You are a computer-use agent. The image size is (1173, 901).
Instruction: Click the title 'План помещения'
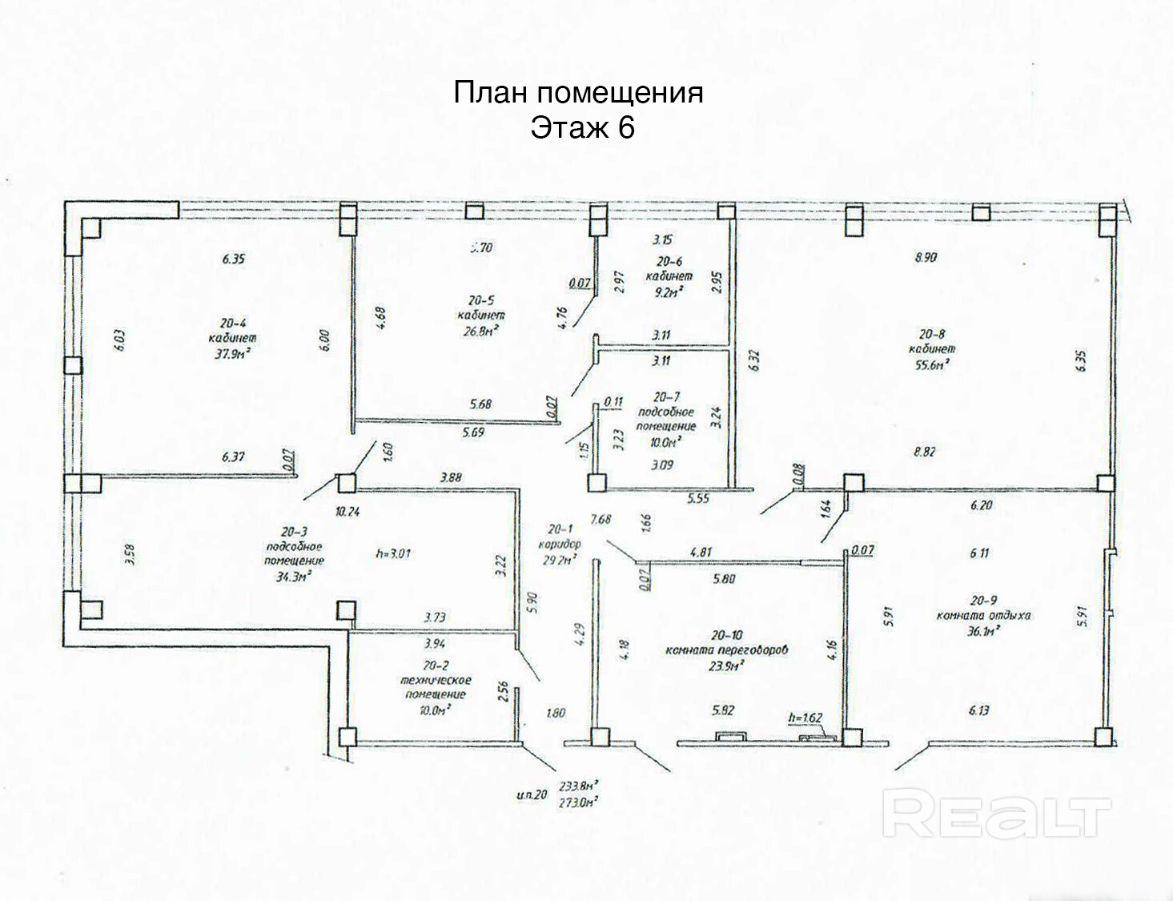coord(578,93)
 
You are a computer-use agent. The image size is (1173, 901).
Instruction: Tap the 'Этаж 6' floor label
coord(582,128)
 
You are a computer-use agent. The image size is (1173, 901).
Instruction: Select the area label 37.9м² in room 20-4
coord(232,353)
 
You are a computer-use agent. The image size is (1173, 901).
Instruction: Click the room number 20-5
coord(481,300)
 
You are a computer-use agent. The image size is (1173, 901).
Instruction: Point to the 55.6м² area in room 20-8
coord(932,364)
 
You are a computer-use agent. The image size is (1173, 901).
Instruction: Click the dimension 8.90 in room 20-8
coord(926,258)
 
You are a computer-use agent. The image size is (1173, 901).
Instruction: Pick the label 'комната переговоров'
coord(726,650)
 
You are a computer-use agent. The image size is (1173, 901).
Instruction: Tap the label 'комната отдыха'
coord(983,615)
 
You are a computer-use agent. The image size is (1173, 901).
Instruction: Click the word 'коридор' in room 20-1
coord(560,544)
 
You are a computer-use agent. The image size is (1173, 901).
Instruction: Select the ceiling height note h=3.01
coord(393,553)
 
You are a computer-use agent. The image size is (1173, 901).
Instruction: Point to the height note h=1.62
coord(805,718)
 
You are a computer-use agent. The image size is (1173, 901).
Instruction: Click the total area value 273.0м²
coord(580,802)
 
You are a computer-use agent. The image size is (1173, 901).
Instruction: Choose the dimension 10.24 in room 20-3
coord(347,512)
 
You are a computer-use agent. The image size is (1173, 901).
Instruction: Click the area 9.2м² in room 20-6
coord(669,292)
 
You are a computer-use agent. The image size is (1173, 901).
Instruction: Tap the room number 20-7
coord(666,396)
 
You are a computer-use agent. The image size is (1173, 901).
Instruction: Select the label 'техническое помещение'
coord(436,687)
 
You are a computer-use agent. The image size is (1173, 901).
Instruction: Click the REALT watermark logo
coord(997,813)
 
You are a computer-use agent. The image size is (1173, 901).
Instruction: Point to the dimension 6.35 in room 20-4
coord(233,259)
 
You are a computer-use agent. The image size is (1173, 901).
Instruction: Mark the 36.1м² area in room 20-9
coord(983,630)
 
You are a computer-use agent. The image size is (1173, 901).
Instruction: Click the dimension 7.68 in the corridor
coord(601,519)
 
